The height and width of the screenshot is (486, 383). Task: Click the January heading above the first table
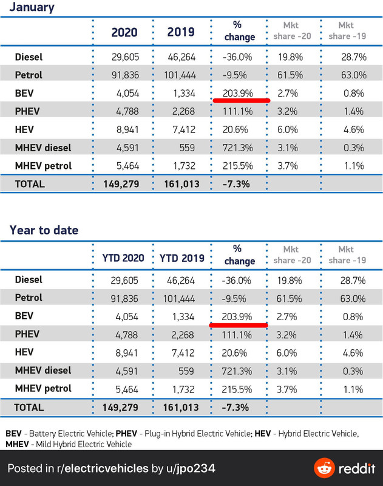coord(32,8)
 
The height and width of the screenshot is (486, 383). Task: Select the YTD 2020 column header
coord(124,258)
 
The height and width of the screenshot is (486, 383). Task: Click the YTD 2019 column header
coord(180,258)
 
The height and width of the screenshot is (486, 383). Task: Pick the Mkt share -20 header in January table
coord(295,32)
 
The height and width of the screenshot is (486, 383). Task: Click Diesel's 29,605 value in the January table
coord(123,58)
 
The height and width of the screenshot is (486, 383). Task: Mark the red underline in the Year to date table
coord(239,325)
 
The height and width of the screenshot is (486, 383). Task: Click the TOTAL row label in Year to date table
coord(30,406)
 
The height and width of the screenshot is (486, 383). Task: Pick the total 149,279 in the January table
coord(124,183)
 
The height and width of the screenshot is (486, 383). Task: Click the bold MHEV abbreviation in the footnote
coord(18,444)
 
